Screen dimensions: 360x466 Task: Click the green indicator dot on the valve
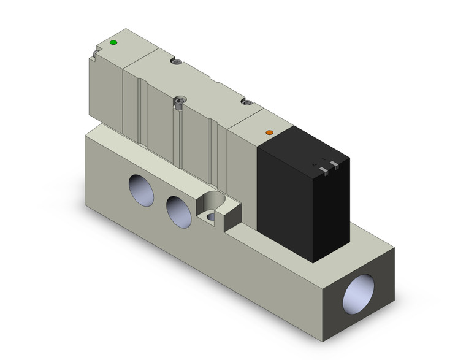pos(113,43)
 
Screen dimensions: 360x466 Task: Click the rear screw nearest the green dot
pos(177,63)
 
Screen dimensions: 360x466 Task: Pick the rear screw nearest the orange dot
pos(248,102)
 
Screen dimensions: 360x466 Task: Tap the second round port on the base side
pos(178,210)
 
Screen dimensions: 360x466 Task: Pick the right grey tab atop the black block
pos(334,164)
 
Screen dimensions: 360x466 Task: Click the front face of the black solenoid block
pos(288,202)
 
